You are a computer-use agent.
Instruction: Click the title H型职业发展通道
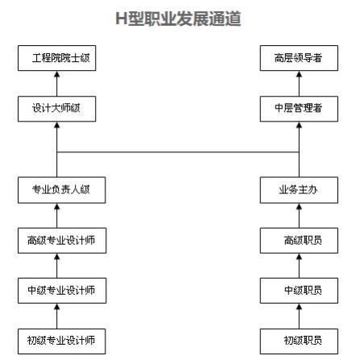pyautogui.click(x=178, y=19)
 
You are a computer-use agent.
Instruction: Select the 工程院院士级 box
pyautogui.click(x=57, y=58)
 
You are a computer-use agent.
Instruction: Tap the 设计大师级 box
pyautogui.click(x=57, y=109)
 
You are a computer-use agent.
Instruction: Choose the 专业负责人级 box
pyautogui.click(x=61, y=190)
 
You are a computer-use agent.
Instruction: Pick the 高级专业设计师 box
pyautogui.click(x=62, y=241)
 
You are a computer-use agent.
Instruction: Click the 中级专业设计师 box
pyautogui.click(x=62, y=291)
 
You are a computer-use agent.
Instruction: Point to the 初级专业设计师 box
pyautogui.click(x=61, y=341)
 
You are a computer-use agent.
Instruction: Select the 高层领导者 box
pyautogui.click(x=299, y=58)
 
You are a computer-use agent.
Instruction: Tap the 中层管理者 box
pyautogui.click(x=299, y=109)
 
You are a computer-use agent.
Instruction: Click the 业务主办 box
pyautogui.click(x=299, y=190)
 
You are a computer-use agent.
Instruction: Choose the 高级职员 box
pyautogui.click(x=299, y=241)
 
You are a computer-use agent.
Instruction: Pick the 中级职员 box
pyautogui.click(x=299, y=291)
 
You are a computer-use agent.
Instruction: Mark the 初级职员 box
pyautogui.click(x=299, y=341)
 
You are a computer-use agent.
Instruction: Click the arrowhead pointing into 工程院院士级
pyautogui.click(x=57, y=74)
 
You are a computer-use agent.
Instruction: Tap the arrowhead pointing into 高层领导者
pyautogui.click(x=299, y=74)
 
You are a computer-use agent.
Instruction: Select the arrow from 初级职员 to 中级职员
pyautogui.click(x=299, y=316)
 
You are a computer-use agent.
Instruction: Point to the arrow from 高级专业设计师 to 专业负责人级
pyautogui.click(x=57, y=215)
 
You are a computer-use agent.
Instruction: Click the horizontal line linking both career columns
pyautogui.click(x=178, y=152)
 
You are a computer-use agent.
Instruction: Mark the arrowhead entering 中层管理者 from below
pyautogui.click(x=299, y=125)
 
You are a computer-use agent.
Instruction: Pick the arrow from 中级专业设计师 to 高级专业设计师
pyautogui.click(x=57, y=266)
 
